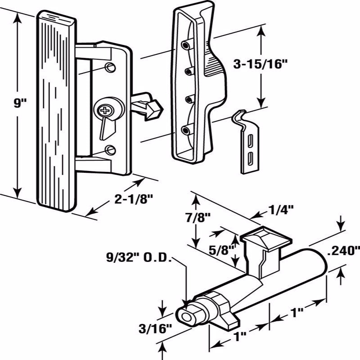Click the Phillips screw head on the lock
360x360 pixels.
(x=105, y=109)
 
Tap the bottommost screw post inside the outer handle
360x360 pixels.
(x=185, y=130)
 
